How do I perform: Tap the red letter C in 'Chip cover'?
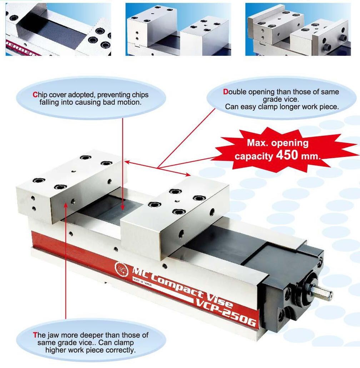35,95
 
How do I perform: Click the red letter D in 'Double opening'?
225,92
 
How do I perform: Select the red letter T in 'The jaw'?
35,335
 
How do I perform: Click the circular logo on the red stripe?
121,269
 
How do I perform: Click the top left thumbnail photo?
58,29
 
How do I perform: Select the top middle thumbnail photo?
178,29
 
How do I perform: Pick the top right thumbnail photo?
298,29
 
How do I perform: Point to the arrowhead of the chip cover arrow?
122,207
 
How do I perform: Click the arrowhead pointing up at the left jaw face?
66,205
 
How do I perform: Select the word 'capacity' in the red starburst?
254,156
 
